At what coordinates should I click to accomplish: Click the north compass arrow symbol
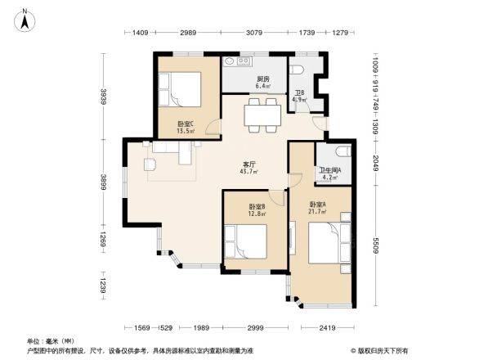point(25,19)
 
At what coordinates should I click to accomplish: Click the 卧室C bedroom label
point(186,127)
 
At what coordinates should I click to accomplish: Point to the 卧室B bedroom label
point(256,209)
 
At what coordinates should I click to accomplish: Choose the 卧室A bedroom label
point(317,207)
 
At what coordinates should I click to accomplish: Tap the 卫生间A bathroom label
point(331,173)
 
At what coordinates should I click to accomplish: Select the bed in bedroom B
point(254,243)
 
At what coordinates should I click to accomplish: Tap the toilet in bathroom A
point(342,152)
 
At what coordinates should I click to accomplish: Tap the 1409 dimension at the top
point(140,32)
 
